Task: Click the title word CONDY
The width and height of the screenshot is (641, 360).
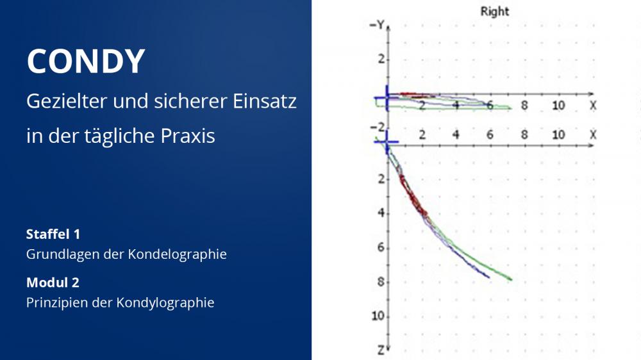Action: pos(86,61)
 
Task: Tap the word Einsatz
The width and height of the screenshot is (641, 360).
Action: pos(265,101)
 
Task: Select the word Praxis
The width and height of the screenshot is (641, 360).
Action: pos(188,136)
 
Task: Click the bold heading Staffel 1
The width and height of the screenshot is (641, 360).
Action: pos(53,234)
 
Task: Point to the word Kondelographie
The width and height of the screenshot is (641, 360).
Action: pos(177,254)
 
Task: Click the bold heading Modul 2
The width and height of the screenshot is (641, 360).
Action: pos(53,282)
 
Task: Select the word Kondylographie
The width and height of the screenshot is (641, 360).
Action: pos(165,303)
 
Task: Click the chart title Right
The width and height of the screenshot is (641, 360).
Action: pos(495,12)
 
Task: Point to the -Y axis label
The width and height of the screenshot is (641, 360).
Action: pos(378,26)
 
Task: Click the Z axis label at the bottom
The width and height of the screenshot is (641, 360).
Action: pos(381,350)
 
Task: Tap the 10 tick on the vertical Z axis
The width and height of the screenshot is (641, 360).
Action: pos(378,316)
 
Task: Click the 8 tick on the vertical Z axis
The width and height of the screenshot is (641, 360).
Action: pos(381,282)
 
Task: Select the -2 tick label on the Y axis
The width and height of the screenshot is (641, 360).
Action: pos(378,127)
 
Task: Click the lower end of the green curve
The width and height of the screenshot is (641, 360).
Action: pos(512,279)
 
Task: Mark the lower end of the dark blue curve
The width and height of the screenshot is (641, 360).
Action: pos(489,277)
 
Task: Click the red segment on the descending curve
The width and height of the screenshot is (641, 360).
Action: pos(413,197)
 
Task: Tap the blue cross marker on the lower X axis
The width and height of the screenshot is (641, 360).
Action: pos(387,142)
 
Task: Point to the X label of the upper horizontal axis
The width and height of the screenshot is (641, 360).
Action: pos(593,106)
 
